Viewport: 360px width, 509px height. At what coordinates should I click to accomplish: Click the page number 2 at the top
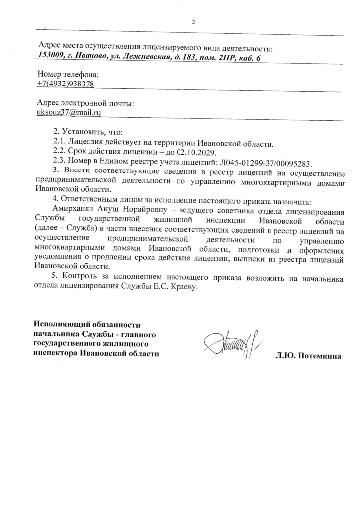tap(193, 22)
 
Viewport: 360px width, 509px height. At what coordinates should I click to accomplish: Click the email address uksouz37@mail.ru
tap(69, 113)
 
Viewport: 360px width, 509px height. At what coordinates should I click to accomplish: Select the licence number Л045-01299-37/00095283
tap(268, 163)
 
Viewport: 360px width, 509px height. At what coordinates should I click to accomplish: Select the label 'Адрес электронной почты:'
tap(86, 104)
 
